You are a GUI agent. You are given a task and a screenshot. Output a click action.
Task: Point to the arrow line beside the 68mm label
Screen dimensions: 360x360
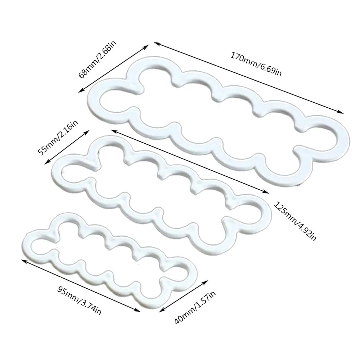[114, 68]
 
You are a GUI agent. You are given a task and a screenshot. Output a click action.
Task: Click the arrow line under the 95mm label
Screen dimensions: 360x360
[81, 285]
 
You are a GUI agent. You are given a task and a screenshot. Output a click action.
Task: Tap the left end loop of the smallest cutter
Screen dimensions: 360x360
[39, 244]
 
